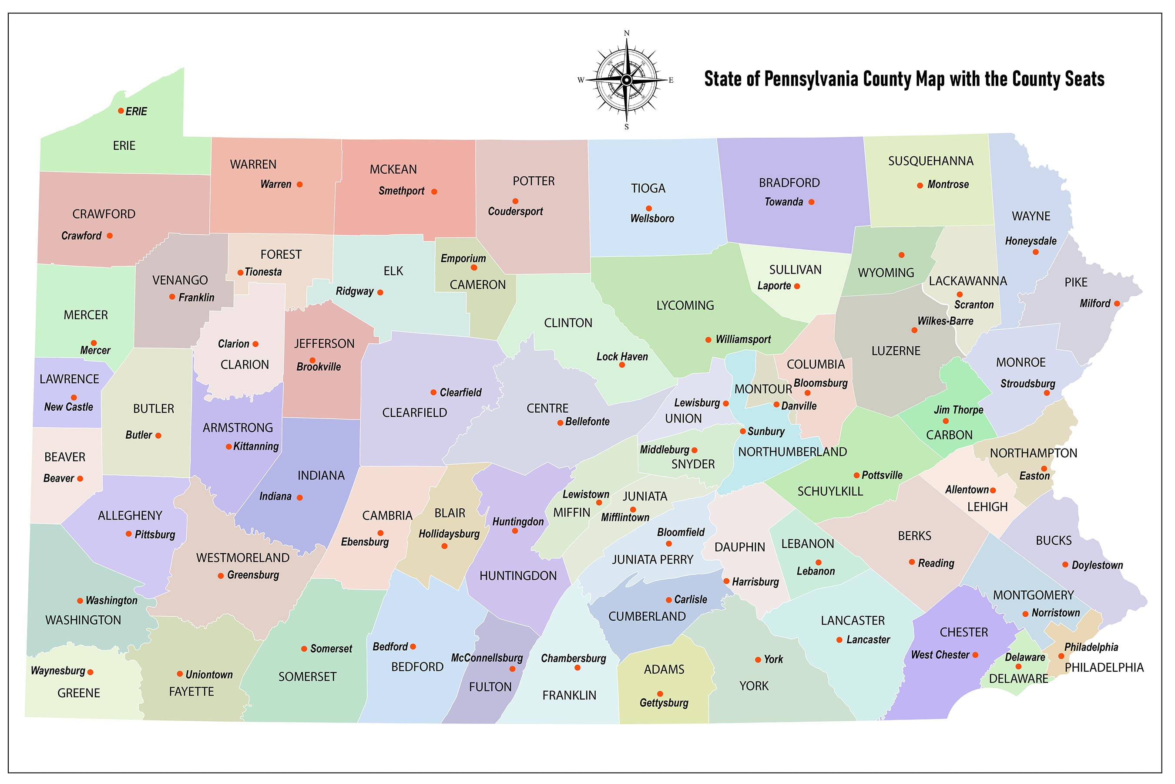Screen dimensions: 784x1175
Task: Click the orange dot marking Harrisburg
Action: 726,581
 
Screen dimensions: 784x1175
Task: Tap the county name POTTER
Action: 533,181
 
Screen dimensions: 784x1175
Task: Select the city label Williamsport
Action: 743,339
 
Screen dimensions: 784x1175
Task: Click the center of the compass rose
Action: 627,80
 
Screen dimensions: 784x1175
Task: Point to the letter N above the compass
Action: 627,34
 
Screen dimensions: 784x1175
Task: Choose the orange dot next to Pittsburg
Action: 128,534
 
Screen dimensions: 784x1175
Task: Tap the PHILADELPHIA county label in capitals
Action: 1104,668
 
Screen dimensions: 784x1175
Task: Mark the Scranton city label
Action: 974,304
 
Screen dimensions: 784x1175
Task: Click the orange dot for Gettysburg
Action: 660,693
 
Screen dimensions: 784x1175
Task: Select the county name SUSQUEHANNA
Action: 930,161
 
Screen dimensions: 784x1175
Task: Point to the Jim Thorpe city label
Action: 958,410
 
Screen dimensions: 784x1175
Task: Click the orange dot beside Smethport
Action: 434,192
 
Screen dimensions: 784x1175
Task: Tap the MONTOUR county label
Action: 763,389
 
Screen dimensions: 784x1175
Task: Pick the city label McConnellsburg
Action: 487,658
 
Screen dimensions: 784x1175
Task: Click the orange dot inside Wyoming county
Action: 901,255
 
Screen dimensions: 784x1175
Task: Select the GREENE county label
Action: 78,693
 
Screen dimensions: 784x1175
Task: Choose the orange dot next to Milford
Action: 1117,304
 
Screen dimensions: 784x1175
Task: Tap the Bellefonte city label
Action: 587,422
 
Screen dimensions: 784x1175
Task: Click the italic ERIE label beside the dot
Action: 136,112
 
